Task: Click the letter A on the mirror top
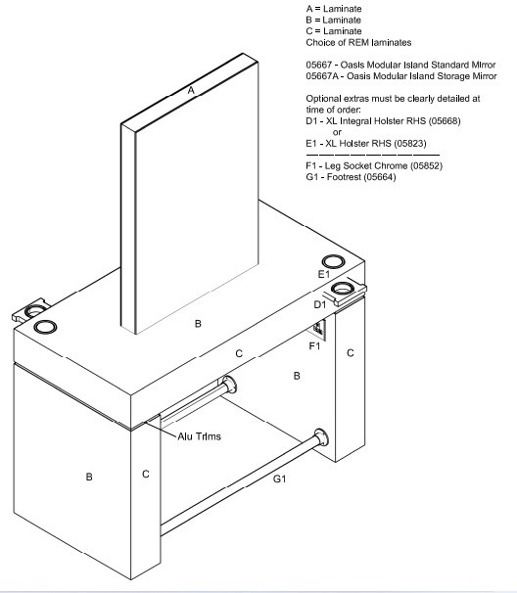point(191,90)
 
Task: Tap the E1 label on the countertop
point(323,274)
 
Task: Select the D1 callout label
point(320,304)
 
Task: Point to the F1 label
point(314,346)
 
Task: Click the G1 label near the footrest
point(279,479)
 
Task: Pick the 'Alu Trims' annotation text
point(199,436)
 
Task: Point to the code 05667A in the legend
point(321,76)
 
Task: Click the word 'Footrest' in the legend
point(343,177)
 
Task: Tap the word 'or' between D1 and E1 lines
point(337,132)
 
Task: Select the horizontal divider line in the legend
point(373,155)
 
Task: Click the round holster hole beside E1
point(333,261)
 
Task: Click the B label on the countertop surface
point(198,324)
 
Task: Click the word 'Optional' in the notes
point(321,99)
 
